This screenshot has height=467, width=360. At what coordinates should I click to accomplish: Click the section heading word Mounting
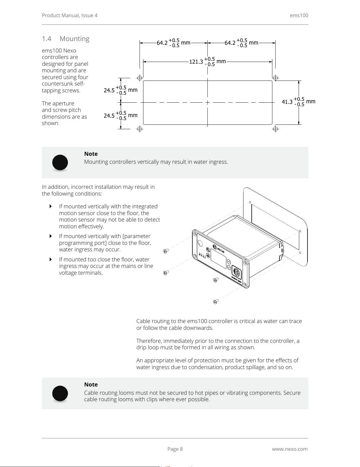tap(74, 39)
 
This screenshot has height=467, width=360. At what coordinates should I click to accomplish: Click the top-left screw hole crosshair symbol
tap(140, 78)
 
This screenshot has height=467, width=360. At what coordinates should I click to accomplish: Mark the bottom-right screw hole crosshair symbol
tap(275, 129)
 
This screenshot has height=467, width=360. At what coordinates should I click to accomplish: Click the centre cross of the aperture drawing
tap(208, 103)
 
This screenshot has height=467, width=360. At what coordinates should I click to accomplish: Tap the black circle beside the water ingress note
tap(60, 162)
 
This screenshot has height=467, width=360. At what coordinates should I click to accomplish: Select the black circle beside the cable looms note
tap(60, 393)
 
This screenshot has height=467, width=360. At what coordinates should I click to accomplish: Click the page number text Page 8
tap(175, 449)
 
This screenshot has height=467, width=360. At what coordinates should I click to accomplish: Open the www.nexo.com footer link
tap(289, 449)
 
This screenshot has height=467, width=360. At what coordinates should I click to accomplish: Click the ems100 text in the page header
tap(299, 15)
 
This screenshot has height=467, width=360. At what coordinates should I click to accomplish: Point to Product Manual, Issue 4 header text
tap(70, 15)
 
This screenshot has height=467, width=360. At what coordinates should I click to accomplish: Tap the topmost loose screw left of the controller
tap(166, 251)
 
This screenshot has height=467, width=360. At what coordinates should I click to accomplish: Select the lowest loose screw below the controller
tap(215, 301)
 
